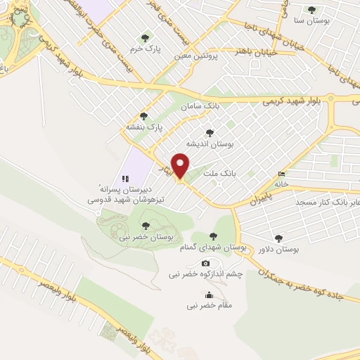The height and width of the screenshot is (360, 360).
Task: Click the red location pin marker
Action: (181, 166)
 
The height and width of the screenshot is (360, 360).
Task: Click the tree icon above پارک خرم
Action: (146, 38)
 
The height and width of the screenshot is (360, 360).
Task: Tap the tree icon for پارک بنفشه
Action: (145, 116)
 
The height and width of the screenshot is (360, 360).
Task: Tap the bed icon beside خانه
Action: (282, 174)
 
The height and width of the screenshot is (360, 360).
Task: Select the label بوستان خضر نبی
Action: (145, 238)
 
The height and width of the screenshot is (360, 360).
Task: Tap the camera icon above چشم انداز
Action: (206, 263)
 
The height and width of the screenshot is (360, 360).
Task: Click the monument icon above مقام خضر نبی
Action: (208, 295)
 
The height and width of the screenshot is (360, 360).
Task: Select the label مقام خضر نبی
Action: (209, 307)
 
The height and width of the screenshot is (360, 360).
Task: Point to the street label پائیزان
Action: (257, 200)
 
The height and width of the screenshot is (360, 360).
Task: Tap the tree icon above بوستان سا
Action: (311, 9)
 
